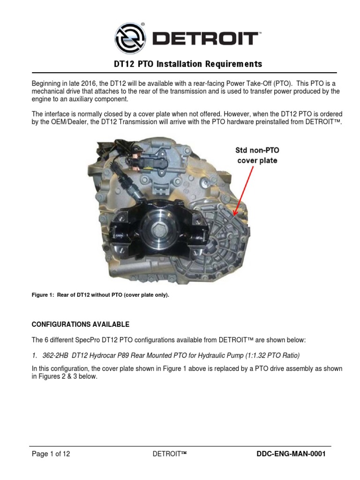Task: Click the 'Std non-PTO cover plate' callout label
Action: coord(256,156)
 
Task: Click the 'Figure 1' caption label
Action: coord(45,296)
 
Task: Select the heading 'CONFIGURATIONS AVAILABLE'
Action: coord(80,324)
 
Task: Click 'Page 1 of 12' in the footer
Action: coord(51,454)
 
